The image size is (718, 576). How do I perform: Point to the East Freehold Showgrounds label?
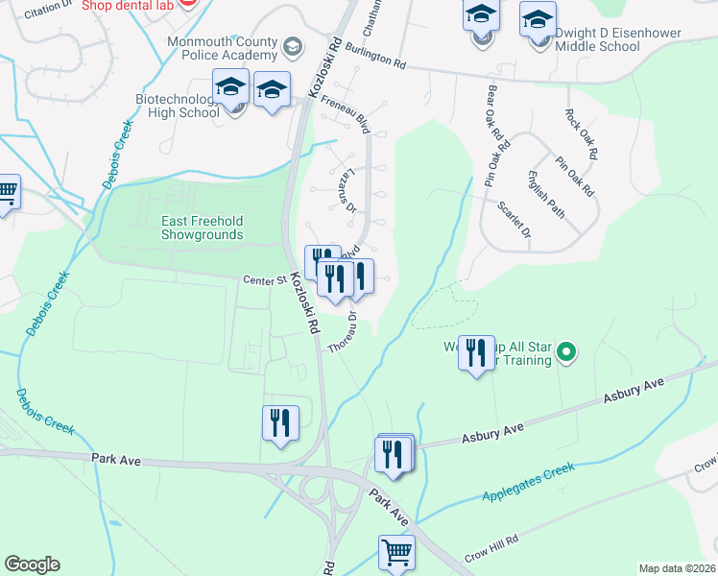click(x=202, y=228)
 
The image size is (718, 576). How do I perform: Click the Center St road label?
click(x=265, y=280)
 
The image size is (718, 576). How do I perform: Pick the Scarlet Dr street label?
click(x=514, y=220)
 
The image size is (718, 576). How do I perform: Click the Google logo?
click(x=32, y=564)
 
